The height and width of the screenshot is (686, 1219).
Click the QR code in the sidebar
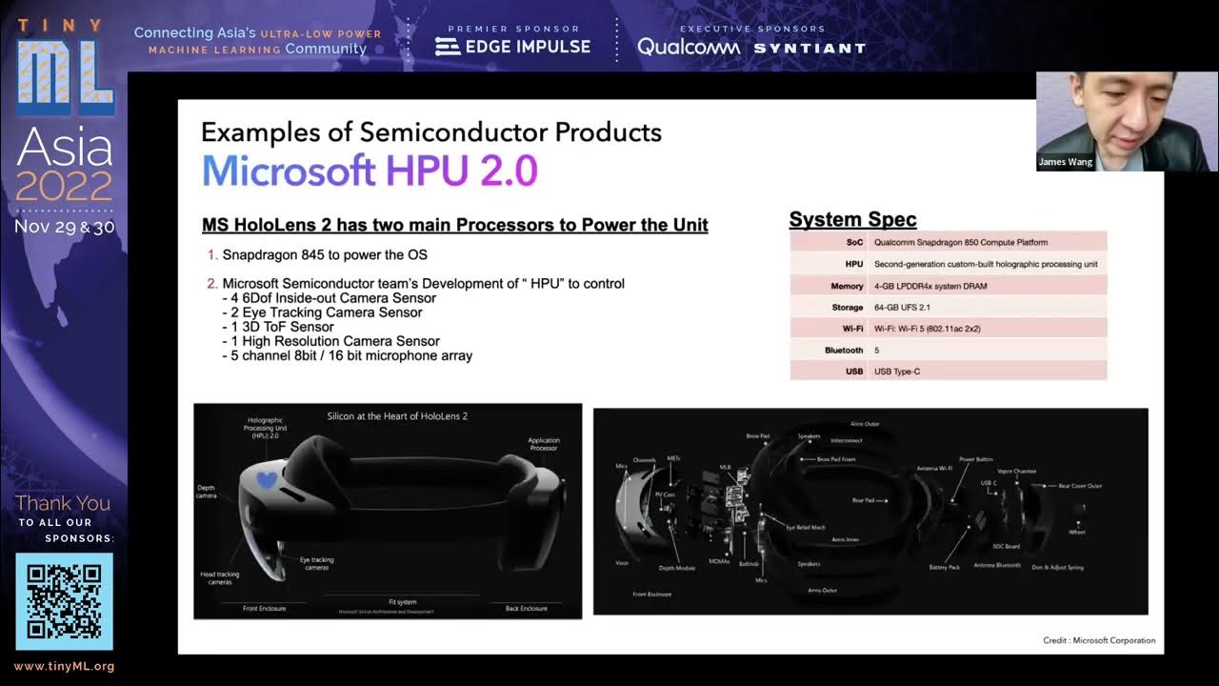coord(64,601)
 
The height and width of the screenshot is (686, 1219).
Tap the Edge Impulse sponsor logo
coord(512,46)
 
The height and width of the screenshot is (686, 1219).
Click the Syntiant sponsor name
coord(809,48)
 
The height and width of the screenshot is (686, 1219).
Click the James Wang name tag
coord(1066,163)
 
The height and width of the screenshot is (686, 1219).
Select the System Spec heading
coord(852,220)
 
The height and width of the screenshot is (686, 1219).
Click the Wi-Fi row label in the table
coord(852,329)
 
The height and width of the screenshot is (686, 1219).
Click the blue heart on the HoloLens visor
coord(269,482)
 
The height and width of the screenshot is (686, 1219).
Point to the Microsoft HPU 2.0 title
coord(370,171)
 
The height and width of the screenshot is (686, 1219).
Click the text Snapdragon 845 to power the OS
coord(325,255)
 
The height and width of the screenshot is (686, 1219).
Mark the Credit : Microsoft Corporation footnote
coord(1099,640)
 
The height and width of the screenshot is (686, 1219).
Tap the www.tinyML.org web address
coord(64,667)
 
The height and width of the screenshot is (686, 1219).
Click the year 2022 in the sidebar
coord(64,186)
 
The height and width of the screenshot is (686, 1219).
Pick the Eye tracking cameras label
coord(316,563)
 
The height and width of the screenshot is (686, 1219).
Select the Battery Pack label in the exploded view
coord(944,567)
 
